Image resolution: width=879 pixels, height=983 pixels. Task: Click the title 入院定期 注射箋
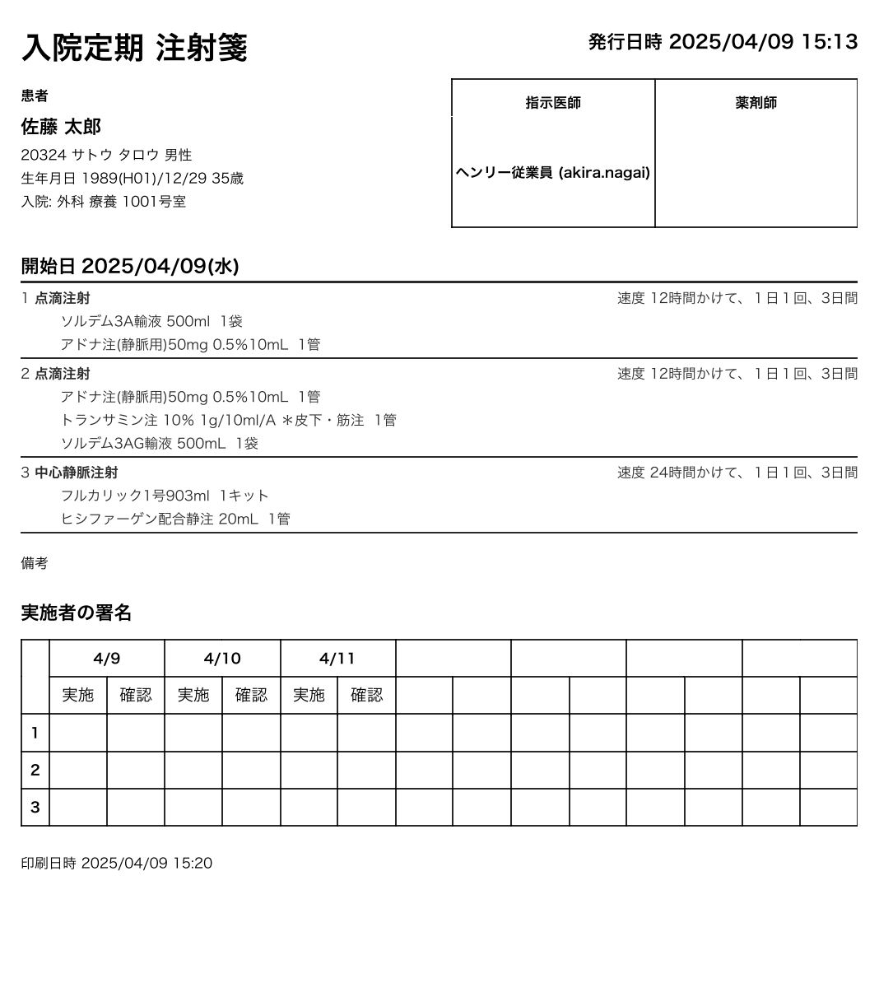[x=134, y=48]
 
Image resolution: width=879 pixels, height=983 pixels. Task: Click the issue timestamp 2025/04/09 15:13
[x=763, y=42]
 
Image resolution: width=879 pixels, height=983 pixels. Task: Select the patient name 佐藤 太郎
[x=61, y=127]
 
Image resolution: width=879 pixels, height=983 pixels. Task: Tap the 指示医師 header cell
[x=553, y=103]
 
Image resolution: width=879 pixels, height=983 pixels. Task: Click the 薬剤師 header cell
[x=756, y=103]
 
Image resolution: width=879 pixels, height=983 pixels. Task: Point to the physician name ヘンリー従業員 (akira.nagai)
[x=553, y=173]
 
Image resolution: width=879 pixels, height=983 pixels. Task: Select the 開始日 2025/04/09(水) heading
[x=130, y=267]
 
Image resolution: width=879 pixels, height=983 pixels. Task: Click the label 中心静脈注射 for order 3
[x=76, y=473]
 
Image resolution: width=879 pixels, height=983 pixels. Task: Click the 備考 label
[x=35, y=563]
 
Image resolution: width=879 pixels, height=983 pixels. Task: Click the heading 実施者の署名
[x=76, y=613]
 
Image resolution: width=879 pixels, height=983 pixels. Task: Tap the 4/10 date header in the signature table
[x=222, y=659]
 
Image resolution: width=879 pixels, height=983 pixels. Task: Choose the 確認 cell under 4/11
[x=366, y=696]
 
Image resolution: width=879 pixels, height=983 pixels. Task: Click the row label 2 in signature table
[x=35, y=771]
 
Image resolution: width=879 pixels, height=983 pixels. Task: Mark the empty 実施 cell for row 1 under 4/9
[x=78, y=733]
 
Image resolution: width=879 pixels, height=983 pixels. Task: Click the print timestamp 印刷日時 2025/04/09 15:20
[x=116, y=864]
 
